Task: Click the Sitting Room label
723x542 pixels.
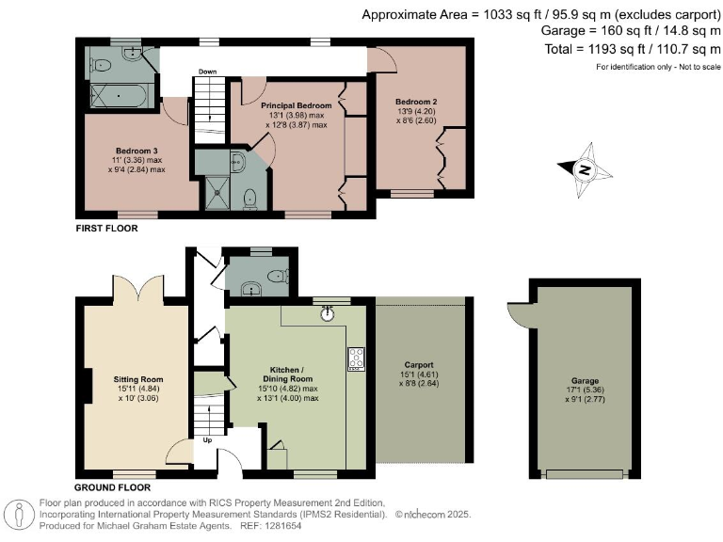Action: (138, 379)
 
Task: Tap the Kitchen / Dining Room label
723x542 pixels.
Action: (287, 375)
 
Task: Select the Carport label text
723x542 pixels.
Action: (419, 364)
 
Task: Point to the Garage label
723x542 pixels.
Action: (585, 381)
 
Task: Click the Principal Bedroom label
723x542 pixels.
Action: (296, 105)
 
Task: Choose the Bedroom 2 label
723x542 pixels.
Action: (416, 102)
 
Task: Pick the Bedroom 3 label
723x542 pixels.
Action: (137, 151)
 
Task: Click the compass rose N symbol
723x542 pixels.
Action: (585, 169)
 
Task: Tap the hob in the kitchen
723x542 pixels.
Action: (356, 359)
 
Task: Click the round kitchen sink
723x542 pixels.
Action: (328, 314)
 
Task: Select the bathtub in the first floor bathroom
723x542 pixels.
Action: (119, 96)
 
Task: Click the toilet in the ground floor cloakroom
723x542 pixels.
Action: (278, 276)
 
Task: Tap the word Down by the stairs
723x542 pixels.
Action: (207, 72)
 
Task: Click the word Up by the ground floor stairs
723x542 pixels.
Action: (207, 440)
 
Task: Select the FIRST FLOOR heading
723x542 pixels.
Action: (106, 228)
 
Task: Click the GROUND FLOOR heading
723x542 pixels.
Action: (113, 487)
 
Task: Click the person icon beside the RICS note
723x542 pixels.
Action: (19, 515)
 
